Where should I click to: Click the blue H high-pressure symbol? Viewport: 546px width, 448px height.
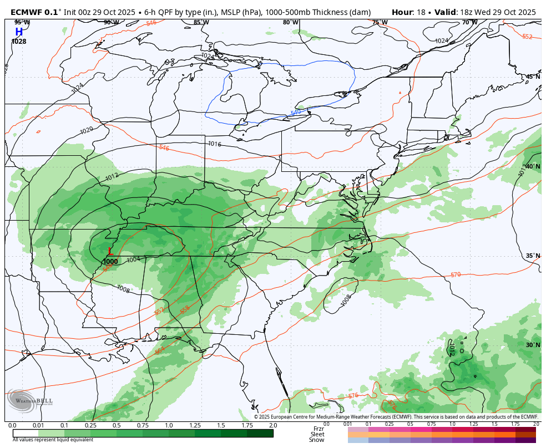click(x=19, y=32)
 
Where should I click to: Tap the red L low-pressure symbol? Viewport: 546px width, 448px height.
click(x=110, y=251)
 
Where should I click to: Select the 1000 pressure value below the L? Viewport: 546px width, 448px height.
click(x=110, y=262)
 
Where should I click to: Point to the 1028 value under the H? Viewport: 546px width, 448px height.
click(x=19, y=42)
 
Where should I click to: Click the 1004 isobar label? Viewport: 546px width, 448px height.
click(x=133, y=259)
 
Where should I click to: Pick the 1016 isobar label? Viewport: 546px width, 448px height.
click(x=215, y=144)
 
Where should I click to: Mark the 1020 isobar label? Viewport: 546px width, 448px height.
click(x=87, y=130)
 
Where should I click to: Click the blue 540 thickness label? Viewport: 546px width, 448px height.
click(x=296, y=113)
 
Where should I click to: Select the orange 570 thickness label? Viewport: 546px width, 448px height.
click(x=456, y=274)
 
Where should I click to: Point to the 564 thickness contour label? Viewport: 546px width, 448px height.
click(x=160, y=350)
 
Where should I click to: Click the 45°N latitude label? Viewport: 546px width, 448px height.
click(x=533, y=77)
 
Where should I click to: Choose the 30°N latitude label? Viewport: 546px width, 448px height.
click(x=533, y=345)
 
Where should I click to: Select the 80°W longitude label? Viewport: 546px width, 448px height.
click(x=290, y=23)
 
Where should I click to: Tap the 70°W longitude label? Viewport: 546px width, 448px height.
click(x=469, y=23)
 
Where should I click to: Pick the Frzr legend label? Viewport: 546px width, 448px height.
click(x=318, y=429)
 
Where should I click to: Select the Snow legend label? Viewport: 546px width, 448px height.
click(x=317, y=440)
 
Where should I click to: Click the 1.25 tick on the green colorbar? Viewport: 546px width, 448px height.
click(x=195, y=425)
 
